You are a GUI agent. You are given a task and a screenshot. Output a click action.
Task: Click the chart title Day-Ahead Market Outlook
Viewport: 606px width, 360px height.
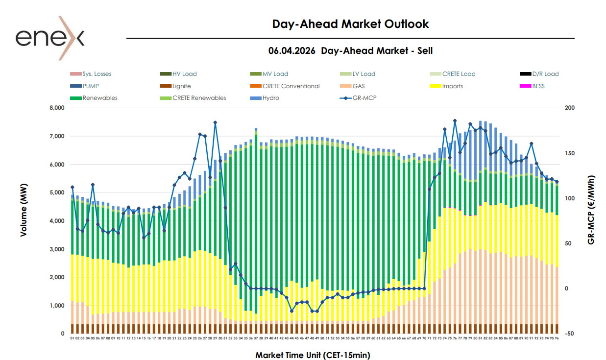click(x=350, y=24)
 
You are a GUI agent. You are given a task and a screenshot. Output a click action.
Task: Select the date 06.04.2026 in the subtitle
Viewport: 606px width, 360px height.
click(x=292, y=50)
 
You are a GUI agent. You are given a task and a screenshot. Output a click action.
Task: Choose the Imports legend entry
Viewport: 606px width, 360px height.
click(x=452, y=86)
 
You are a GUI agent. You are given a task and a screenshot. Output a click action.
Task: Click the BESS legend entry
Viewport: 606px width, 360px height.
click(x=538, y=86)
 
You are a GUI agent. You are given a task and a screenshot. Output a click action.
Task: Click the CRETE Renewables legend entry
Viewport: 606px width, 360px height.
click(x=199, y=98)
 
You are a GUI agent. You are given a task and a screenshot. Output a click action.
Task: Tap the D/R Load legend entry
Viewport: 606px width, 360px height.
click(x=545, y=74)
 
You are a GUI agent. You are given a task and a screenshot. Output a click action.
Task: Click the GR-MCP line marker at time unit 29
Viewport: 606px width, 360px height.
click(x=215, y=122)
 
